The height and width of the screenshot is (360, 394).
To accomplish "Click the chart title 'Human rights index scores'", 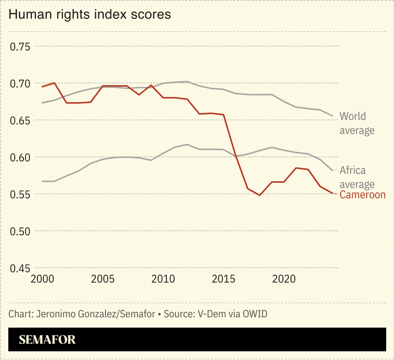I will pos(89,15).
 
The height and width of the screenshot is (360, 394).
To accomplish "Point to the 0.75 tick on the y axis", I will pos(20,46).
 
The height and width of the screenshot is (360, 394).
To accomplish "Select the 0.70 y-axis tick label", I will pos(20,83).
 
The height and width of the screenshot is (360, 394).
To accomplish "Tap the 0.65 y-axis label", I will pos(20,120).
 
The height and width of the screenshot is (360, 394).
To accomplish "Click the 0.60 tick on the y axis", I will pos(20,157).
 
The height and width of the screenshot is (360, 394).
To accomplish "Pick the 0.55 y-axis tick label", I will pos(20,194).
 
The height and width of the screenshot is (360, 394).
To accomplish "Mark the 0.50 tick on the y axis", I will pos(20,231).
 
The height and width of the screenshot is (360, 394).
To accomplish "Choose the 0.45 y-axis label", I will pos(20,268).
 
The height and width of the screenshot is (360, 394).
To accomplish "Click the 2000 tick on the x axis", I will pos(42,279).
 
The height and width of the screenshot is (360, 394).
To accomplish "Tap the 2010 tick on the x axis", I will pos(163,279).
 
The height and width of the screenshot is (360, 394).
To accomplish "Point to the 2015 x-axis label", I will pos(223,279).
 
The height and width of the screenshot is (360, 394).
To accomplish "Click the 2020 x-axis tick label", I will pos(283,279).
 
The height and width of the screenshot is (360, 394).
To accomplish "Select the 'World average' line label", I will pos(357,123).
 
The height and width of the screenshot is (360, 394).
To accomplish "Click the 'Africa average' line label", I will pos(357,177).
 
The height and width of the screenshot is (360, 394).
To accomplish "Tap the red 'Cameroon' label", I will pos(363,195).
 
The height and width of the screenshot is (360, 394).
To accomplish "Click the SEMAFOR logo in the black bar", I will pos(47,339).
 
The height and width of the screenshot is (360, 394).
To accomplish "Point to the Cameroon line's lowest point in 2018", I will pos(260,195).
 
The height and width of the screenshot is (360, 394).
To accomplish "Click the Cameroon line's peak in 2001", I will pos(55,83).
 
